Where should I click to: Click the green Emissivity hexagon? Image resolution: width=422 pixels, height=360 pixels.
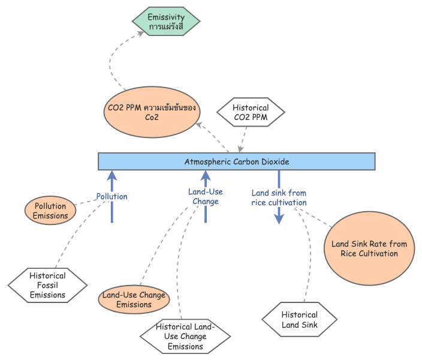point(166,22)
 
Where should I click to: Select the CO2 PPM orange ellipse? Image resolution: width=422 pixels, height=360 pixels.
point(152,112)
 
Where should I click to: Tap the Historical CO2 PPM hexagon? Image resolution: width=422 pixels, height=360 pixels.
point(250,112)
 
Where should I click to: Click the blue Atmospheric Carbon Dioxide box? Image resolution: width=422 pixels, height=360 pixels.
point(237,161)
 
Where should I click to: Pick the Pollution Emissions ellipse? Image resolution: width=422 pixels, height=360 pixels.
point(50,211)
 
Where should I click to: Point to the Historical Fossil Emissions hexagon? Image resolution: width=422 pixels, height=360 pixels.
point(48,285)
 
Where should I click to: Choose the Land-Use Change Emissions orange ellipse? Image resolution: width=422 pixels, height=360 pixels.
point(134,299)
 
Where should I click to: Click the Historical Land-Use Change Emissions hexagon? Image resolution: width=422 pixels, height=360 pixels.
point(185,337)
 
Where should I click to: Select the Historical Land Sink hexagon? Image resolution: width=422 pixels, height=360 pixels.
point(300,319)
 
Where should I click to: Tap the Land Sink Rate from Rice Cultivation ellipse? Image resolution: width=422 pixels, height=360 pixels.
point(369,248)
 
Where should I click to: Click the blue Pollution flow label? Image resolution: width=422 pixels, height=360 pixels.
point(112,196)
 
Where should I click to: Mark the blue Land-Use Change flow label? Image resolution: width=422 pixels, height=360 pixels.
point(206,197)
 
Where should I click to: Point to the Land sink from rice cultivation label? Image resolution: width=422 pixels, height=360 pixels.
point(279,197)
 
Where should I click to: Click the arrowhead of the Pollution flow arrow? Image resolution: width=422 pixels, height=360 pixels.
point(111,175)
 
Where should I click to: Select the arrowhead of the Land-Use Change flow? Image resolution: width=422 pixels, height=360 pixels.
point(206,175)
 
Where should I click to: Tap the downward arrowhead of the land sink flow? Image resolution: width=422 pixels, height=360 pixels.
point(279,219)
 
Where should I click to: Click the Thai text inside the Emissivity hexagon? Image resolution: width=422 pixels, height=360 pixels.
point(165,28)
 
